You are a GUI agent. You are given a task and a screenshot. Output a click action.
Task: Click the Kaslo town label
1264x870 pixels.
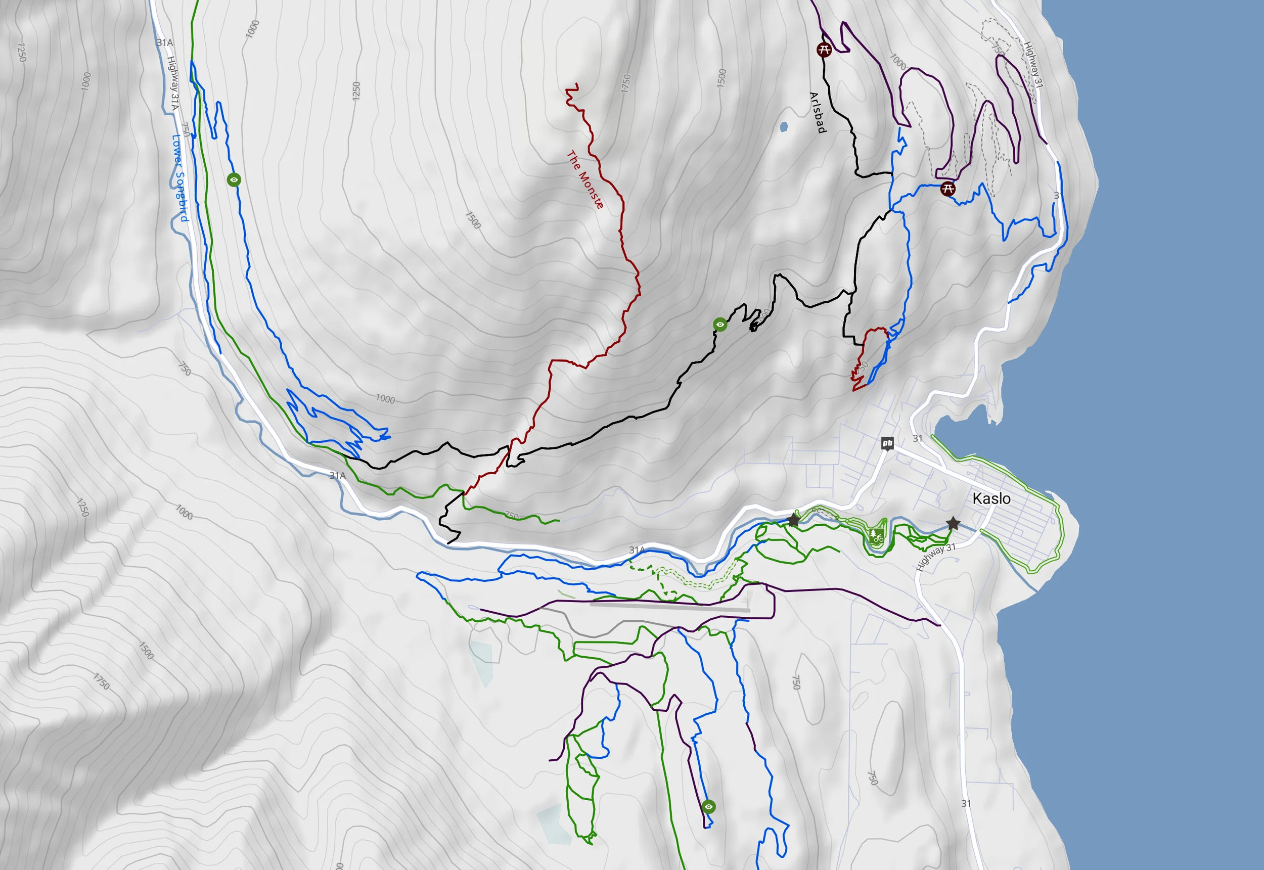[991, 498]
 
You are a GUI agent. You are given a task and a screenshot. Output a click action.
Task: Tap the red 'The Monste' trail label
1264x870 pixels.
[585, 180]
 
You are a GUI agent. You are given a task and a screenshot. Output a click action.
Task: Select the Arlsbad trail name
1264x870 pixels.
[817, 112]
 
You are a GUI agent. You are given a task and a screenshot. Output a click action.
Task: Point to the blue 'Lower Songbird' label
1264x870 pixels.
[180, 178]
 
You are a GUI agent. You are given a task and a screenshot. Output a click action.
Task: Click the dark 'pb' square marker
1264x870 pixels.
[887, 443]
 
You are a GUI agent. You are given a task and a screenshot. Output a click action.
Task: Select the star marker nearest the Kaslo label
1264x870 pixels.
[953, 524]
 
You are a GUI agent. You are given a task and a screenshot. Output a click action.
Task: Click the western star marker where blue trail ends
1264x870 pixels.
[794, 521]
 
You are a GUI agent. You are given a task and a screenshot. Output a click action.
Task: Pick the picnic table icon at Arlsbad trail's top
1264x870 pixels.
[824, 50]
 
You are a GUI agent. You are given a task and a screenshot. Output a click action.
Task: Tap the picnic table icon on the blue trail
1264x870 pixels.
[948, 189]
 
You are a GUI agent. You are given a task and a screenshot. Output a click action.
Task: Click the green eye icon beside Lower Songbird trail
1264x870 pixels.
[234, 179]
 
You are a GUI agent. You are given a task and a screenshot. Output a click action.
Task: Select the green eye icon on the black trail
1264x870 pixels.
[720, 325]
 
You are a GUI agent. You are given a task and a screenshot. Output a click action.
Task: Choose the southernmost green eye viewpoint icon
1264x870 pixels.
[708, 806]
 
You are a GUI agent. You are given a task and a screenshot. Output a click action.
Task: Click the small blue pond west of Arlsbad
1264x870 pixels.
[784, 127]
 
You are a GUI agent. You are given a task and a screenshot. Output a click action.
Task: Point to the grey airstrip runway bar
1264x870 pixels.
[670, 605]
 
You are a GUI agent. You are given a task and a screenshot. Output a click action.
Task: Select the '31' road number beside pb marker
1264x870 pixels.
[917, 438]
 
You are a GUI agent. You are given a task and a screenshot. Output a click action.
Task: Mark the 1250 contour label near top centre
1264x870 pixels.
[356, 90]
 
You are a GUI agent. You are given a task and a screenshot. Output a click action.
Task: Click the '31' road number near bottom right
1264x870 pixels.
[966, 803]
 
